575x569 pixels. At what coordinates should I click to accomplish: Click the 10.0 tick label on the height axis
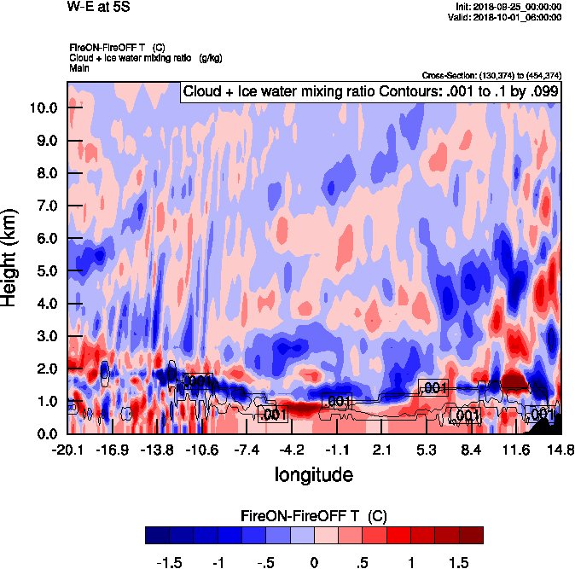coord(43,108)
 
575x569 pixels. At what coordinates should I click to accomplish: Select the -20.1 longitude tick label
coord(67,450)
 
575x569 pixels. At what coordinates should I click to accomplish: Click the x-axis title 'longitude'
coord(313,473)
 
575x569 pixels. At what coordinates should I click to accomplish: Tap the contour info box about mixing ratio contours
coord(369,92)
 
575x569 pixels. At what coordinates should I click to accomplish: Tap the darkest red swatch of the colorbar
coord(471,535)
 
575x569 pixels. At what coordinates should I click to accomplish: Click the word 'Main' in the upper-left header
coord(79,67)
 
